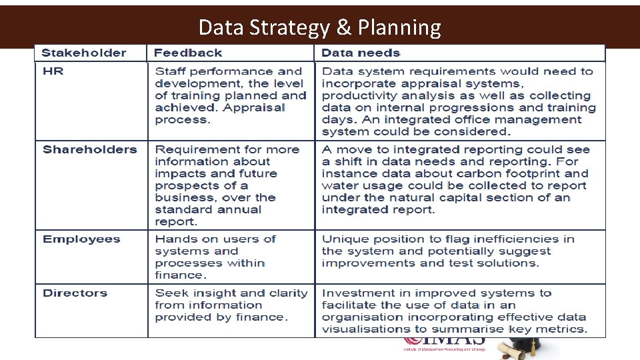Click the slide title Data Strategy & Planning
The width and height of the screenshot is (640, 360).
click(x=319, y=27)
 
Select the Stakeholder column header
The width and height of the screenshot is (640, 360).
click(x=84, y=53)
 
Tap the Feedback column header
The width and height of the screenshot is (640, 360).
click(x=188, y=53)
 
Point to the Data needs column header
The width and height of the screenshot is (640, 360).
click(x=361, y=53)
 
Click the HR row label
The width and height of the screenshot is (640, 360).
click(x=53, y=71)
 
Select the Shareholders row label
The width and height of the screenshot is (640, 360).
click(x=89, y=149)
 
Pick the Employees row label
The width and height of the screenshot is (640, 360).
click(x=81, y=239)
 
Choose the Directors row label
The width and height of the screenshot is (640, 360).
click(x=75, y=293)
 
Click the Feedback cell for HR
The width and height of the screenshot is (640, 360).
click(x=230, y=95)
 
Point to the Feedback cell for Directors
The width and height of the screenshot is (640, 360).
click(x=231, y=305)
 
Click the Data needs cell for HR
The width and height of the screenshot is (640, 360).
click(x=459, y=101)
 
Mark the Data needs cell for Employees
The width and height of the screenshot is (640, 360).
click(x=447, y=251)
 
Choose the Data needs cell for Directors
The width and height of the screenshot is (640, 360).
click(x=454, y=311)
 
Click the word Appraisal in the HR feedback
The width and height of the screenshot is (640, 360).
click(x=257, y=108)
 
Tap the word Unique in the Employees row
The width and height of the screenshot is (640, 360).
click(x=342, y=239)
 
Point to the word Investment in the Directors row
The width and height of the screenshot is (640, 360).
click(x=355, y=293)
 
